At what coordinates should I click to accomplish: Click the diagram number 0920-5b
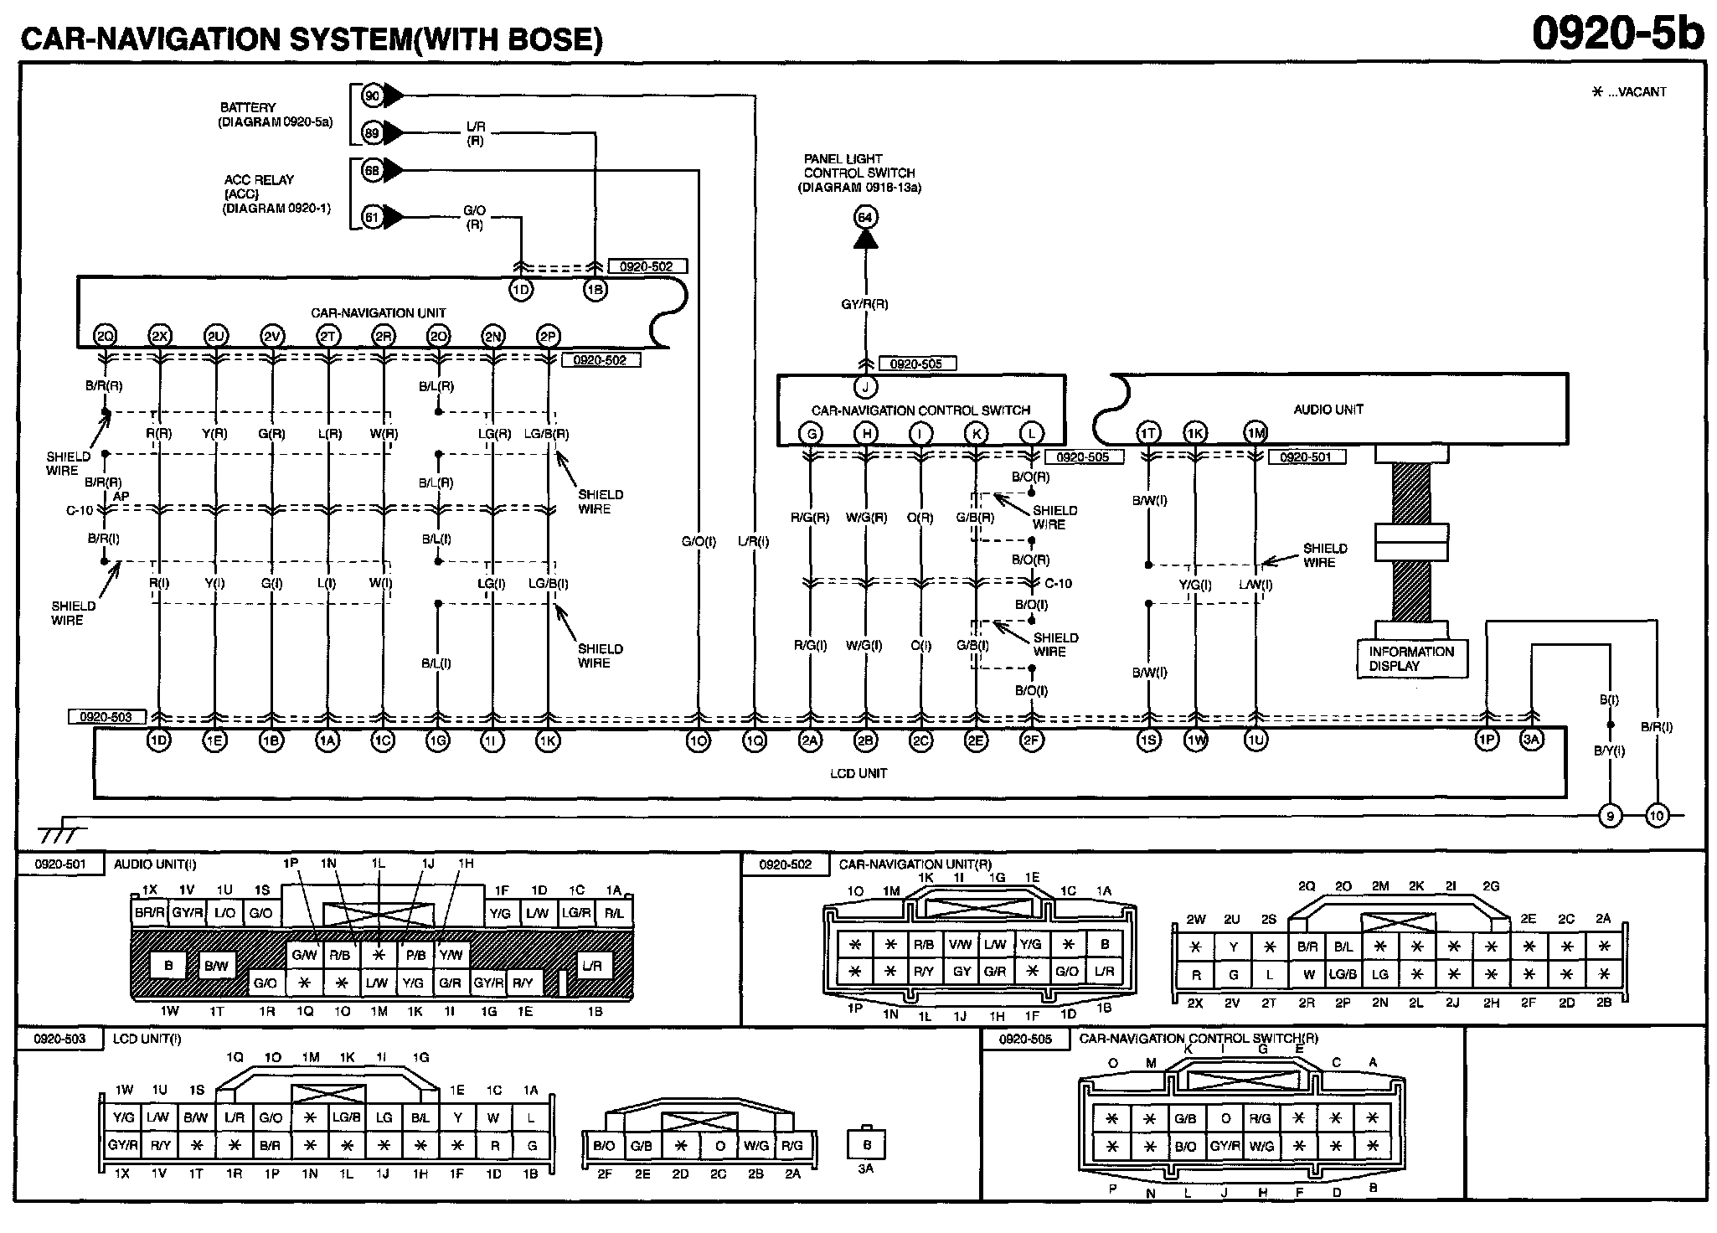click(1617, 35)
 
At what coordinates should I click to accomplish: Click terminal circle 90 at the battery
click(373, 96)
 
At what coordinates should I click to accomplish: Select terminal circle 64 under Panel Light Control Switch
click(865, 218)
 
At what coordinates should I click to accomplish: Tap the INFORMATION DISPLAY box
click(1411, 659)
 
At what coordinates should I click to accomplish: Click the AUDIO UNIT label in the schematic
click(1328, 410)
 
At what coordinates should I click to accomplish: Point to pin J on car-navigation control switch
click(865, 387)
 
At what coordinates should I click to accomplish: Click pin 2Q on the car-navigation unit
click(105, 336)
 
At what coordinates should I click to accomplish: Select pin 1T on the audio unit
click(1147, 433)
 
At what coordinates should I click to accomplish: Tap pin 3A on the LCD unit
click(1531, 740)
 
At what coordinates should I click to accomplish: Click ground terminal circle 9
click(1610, 815)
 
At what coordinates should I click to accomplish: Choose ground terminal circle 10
click(1656, 815)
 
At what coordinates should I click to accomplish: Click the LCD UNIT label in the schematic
click(858, 773)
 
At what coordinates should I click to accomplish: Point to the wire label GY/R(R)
click(865, 304)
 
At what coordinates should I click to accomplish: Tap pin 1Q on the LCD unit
click(754, 740)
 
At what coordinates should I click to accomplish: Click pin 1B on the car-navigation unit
click(595, 290)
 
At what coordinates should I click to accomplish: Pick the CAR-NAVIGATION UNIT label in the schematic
click(379, 313)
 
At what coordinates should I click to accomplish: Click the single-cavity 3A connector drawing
click(867, 1145)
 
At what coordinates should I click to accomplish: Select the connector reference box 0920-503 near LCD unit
click(106, 717)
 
